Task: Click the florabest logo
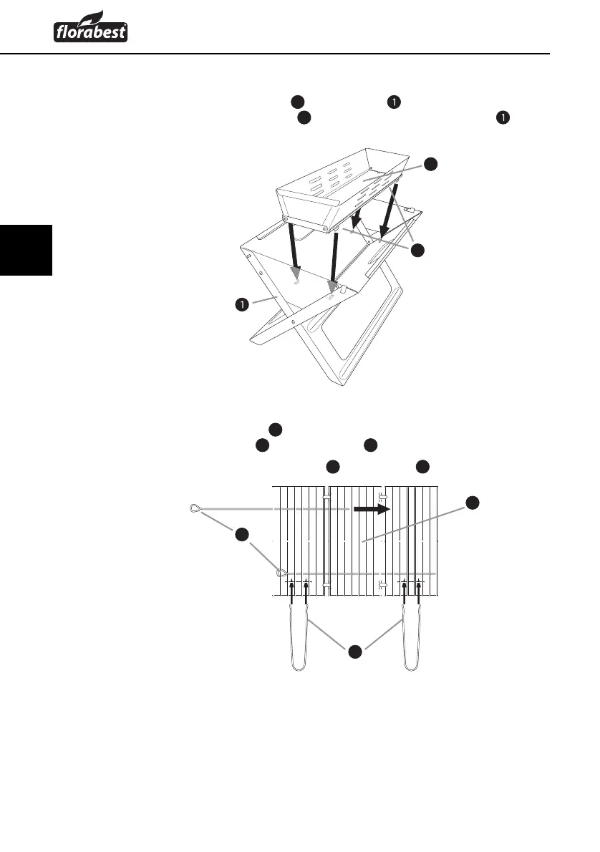click(90, 31)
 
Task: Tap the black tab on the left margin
click(26, 249)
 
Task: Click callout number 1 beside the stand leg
click(243, 305)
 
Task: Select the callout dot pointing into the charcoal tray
click(430, 164)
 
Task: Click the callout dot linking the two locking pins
click(242, 534)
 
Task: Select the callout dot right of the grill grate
click(473, 503)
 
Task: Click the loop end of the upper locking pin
click(193, 508)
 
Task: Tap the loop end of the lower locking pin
click(282, 573)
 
